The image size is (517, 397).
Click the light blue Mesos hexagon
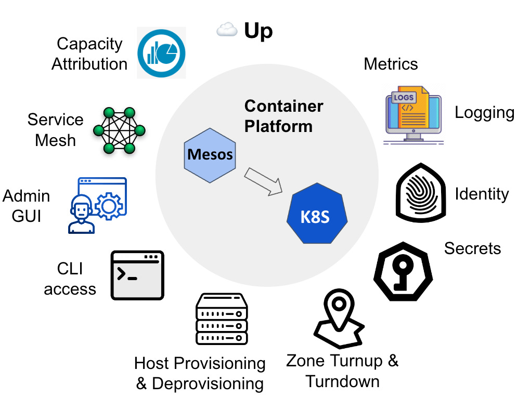point(210,154)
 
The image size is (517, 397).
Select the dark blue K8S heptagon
point(316,216)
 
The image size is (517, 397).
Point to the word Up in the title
point(258,31)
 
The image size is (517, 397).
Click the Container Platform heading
point(283,116)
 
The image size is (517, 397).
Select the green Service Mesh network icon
point(119,130)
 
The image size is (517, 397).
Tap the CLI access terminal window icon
point(137,275)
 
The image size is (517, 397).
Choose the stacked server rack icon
point(221,318)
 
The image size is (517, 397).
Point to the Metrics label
point(391,64)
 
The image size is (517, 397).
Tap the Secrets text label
point(472,248)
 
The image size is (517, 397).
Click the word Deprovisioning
point(208,384)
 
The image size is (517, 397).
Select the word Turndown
point(342,381)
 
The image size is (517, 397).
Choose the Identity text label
point(482,194)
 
